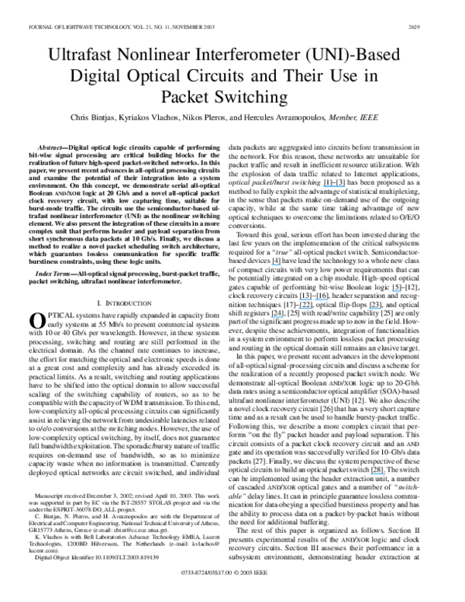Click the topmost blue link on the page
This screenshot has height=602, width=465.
pyautogui.click(x=333, y=187)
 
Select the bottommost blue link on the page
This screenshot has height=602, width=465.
pyautogui.click(x=378, y=474)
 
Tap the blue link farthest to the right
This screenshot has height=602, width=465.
pyautogui.click(x=397, y=292)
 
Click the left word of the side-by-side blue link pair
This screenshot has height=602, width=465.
pyautogui.click(x=305, y=299)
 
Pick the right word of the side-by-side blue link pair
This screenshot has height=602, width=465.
pyautogui.click(x=321, y=299)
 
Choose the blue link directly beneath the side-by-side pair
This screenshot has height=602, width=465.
pyautogui.click(x=305, y=309)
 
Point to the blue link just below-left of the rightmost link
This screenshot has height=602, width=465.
pyautogui.click(x=374, y=309)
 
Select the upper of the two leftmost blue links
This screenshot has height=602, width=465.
pyautogui.click(x=276, y=265)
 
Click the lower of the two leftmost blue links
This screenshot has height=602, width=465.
pyautogui.click(x=277, y=317)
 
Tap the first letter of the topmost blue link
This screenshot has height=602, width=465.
pyautogui.click(x=323, y=187)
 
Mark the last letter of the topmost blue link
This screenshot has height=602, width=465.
pyautogui.click(x=344, y=187)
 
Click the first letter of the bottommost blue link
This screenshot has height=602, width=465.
pyautogui.click(x=371, y=474)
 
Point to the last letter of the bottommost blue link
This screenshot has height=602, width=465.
pyautogui.click(x=386, y=474)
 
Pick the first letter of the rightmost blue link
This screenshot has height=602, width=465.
pyautogui.click(x=392, y=292)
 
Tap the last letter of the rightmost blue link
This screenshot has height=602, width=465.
pyautogui.click(x=401, y=292)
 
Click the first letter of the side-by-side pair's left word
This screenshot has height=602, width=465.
pyautogui.click(x=300, y=299)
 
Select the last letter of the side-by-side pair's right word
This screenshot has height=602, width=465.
pyautogui.click(x=327, y=299)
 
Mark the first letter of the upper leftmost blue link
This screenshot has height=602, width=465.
pyautogui.click(x=271, y=265)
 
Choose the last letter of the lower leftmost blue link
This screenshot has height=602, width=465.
pyautogui.click(x=283, y=317)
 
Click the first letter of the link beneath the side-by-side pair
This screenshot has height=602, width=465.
pyautogui.click(x=300, y=309)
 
